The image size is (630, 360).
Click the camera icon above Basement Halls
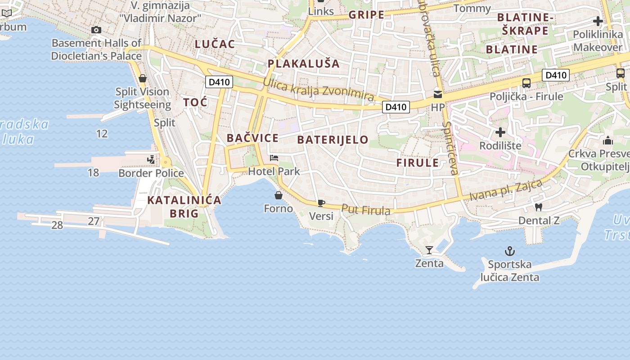pyautogui.click(x=96, y=30)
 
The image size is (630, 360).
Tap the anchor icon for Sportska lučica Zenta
pyautogui.click(x=509, y=251)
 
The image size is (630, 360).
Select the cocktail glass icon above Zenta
pyautogui.click(x=429, y=250)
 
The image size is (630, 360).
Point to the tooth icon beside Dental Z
pyautogui.click(x=538, y=207)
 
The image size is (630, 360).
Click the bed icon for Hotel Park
pyautogui.click(x=274, y=158)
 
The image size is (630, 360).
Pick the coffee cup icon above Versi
pyautogui.click(x=321, y=203)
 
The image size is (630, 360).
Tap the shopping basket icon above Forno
pyautogui.click(x=279, y=195)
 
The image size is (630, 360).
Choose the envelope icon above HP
pyautogui.click(x=437, y=94)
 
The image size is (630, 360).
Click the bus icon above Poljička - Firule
pyautogui.click(x=526, y=83)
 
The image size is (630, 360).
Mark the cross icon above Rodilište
pyautogui.click(x=500, y=132)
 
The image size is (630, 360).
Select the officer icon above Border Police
pyautogui.click(x=151, y=159)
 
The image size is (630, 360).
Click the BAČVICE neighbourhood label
pyautogui.click(x=252, y=138)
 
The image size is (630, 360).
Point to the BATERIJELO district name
pyautogui.click(x=333, y=139)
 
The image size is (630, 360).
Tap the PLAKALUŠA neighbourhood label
pyautogui.click(x=304, y=63)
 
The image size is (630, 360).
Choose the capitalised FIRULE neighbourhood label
pyautogui.click(x=417, y=163)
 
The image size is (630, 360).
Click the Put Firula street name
pyautogui.click(x=365, y=209)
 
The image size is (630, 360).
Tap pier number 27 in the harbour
pyautogui.click(x=94, y=221)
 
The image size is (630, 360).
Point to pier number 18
pyautogui.click(x=93, y=172)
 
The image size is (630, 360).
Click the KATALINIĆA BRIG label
pyautogui.click(x=184, y=207)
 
